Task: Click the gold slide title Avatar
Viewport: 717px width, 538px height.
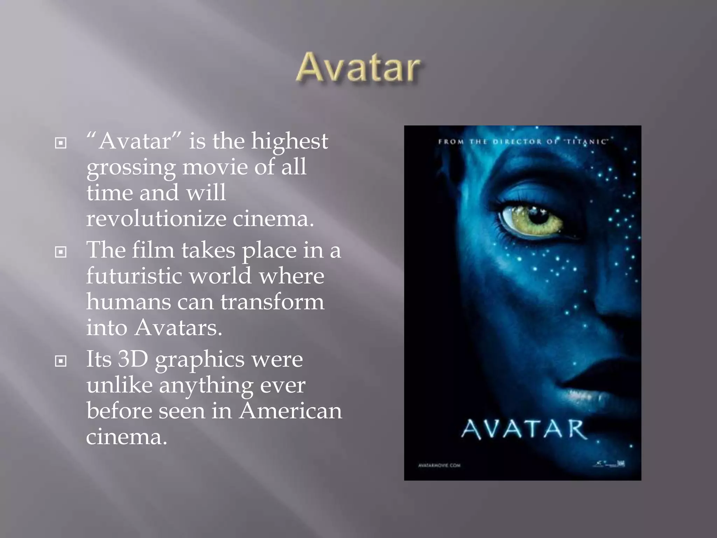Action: click(x=358, y=68)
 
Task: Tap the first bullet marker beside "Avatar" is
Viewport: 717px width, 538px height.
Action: click(x=61, y=143)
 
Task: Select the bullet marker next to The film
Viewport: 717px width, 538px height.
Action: click(x=61, y=252)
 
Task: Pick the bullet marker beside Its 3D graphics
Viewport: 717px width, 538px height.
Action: click(x=61, y=361)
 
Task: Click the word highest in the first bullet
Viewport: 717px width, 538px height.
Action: click(x=290, y=142)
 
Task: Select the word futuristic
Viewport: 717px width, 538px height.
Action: click(x=134, y=276)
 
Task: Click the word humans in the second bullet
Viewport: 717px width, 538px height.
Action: click(x=128, y=302)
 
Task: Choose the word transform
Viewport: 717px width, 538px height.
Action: click(x=272, y=302)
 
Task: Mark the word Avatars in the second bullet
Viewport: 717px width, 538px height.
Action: click(x=179, y=328)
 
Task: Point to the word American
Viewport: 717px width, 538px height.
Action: click(x=290, y=411)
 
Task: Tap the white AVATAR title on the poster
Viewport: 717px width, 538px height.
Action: click(x=524, y=429)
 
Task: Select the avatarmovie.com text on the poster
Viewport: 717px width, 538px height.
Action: click(x=439, y=465)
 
